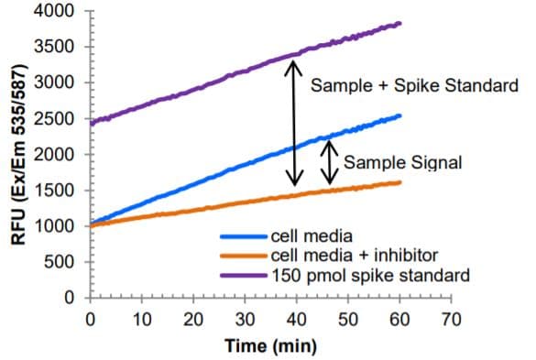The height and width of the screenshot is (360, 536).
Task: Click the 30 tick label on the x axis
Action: pyautogui.click(x=245, y=319)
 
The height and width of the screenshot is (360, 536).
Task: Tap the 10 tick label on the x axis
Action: pyautogui.click(x=141, y=319)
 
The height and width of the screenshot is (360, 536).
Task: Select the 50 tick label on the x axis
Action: pyautogui.click(x=348, y=319)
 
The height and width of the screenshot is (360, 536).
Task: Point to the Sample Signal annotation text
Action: pyautogui.click(x=402, y=163)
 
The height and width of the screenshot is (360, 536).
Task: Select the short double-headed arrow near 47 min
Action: pyautogui.click(x=331, y=163)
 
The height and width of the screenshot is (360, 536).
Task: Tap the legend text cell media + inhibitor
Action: pyautogui.click(x=347, y=254)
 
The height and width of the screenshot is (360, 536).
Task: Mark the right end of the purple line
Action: pyautogui.click(x=400, y=23)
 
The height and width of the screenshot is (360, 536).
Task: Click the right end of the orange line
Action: pyautogui.click(x=400, y=182)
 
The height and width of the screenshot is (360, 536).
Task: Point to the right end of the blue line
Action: pyautogui.click(x=400, y=115)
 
